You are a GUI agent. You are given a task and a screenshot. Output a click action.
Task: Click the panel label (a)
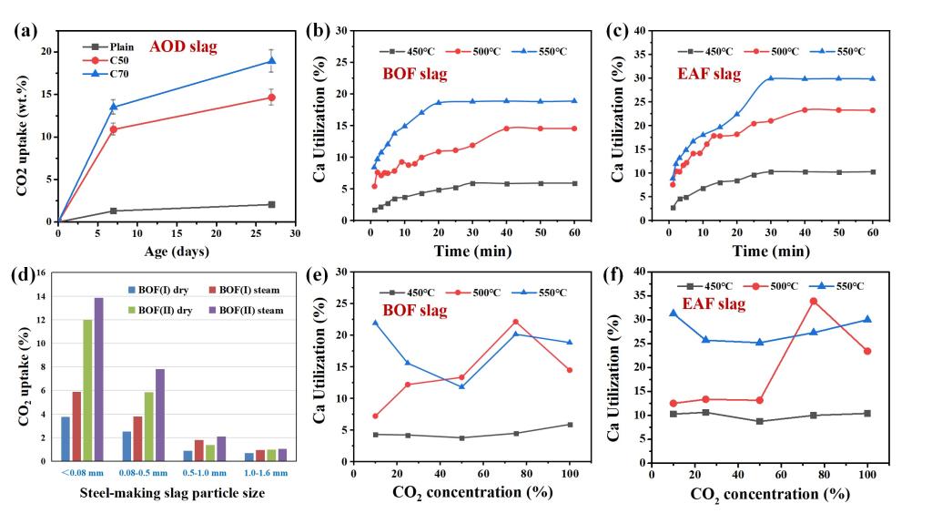click(24, 29)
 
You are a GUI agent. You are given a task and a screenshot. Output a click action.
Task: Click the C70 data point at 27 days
click(271, 61)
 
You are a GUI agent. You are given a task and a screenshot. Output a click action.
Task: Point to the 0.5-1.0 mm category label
click(199, 473)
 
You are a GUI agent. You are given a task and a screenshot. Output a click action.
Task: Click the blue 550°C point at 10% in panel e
click(376, 323)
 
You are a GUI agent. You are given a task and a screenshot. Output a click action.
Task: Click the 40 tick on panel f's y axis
click(639, 271)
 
